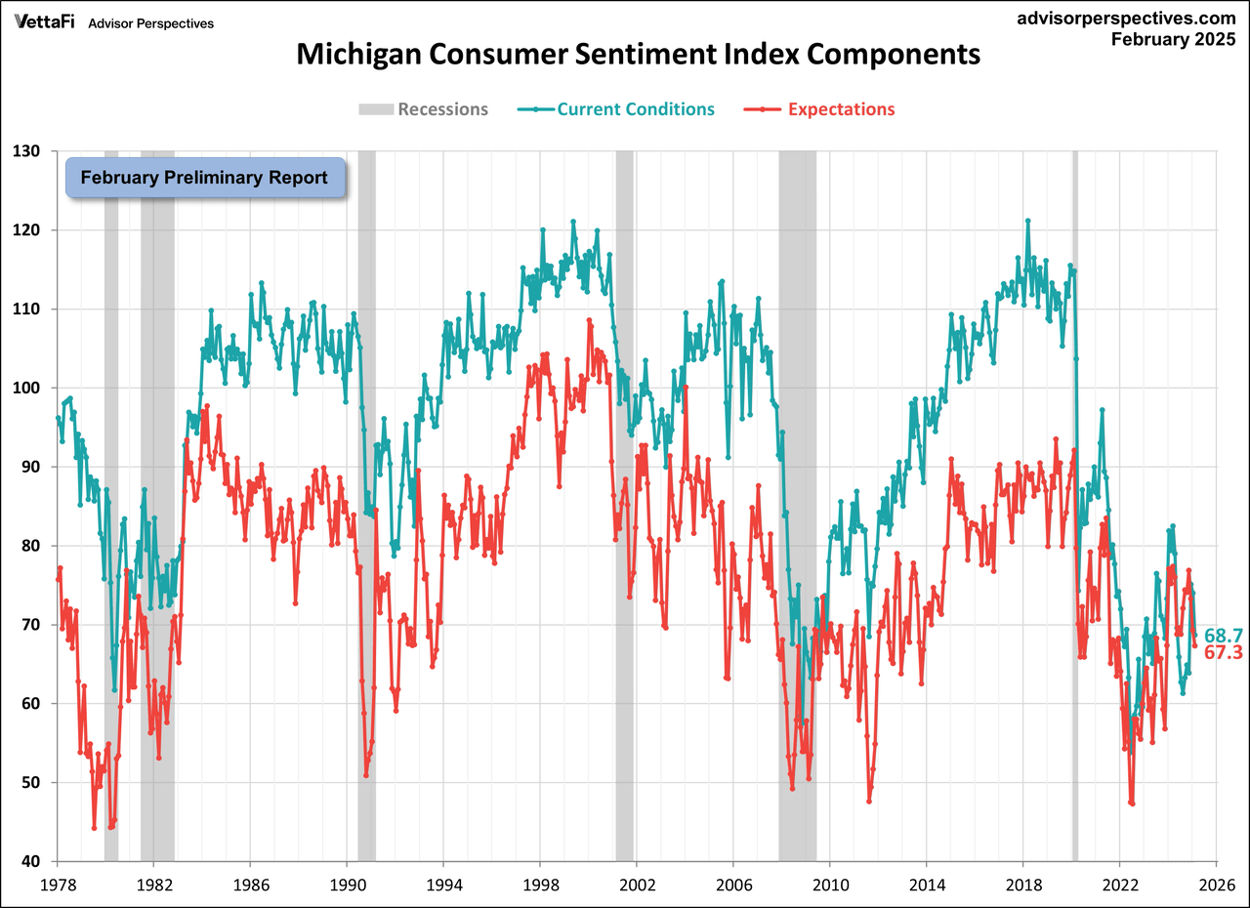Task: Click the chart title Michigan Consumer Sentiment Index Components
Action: point(638,54)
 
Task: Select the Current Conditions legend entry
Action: point(635,109)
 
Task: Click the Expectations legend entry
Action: point(840,109)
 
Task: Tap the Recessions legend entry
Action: point(441,109)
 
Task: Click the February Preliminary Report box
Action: point(204,178)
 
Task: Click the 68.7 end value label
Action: point(1223,636)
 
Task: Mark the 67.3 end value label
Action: point(1223,652)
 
